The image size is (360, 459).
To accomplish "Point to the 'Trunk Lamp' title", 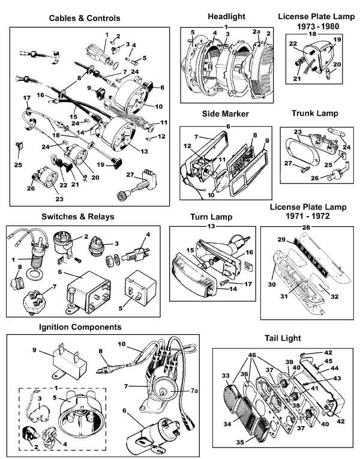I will coord(314,113).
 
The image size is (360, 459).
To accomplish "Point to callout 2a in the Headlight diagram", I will coord(256,31).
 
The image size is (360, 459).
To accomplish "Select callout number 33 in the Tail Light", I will coord(226,376).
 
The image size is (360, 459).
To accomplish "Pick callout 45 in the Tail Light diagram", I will coord(329,361).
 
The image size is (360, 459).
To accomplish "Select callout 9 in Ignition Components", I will coord(35,349).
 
